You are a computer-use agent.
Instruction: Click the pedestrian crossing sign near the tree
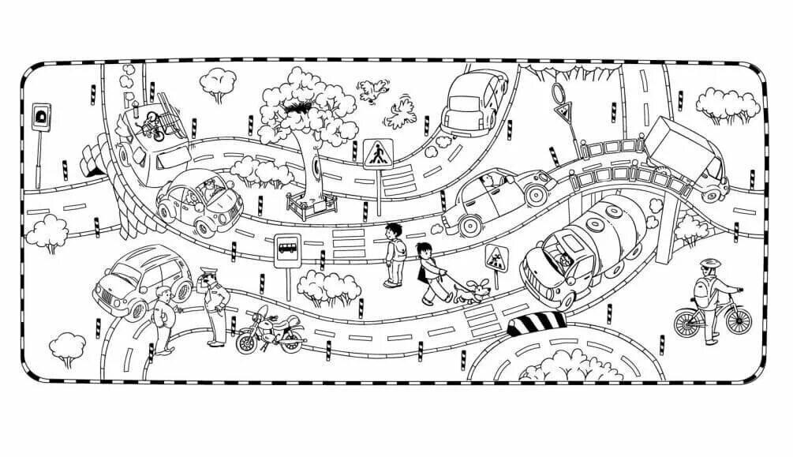(x=377, y=152)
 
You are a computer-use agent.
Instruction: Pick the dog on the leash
(x=471, y=292)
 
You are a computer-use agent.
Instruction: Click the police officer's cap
(x=207, y=270)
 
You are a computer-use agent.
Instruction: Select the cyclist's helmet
(x=709, y=263)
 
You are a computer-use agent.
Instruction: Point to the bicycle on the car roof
(x=151, y=125)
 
